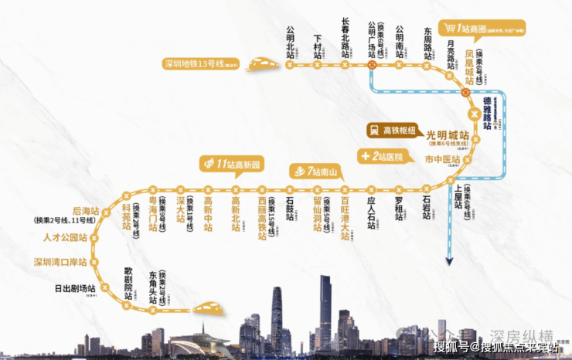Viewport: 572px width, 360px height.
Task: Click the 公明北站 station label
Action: (291, 46)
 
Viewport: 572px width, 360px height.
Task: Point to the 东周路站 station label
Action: (427, 42)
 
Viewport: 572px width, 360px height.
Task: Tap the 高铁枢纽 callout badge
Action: (390, 131)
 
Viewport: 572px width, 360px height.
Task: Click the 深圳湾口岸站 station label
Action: (57, 263)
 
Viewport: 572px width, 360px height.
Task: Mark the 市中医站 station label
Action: (443, 160)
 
